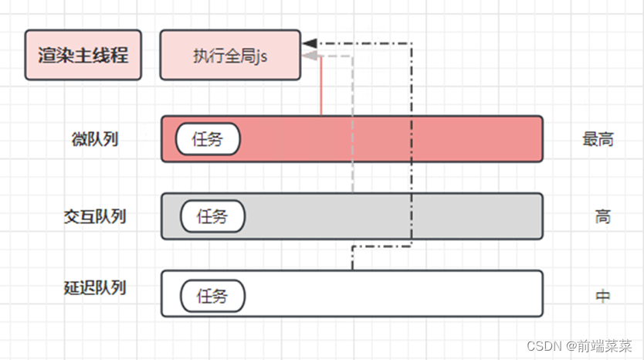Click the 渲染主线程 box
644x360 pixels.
83,56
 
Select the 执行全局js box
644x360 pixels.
230,56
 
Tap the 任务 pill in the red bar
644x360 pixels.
208,140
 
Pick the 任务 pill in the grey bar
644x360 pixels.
212,216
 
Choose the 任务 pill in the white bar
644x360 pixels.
212,296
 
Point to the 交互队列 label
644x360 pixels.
94,216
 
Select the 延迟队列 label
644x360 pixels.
94,288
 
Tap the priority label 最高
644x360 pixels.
598,140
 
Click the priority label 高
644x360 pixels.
602,216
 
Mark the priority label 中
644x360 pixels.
602,296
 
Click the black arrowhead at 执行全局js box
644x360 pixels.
310,43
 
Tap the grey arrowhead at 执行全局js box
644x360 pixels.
309,56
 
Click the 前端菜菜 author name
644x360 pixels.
606,347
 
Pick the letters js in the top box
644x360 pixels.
262,56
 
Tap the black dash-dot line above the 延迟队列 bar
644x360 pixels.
353,259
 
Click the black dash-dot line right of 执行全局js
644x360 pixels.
412,139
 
